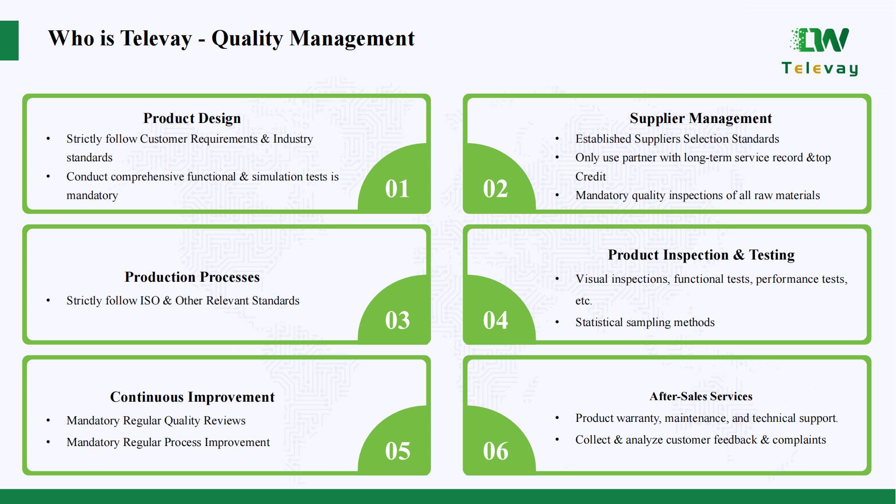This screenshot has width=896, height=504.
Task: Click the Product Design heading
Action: (192, 118)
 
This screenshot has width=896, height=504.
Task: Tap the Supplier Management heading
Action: (700, 118)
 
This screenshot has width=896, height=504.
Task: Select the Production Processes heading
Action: (192, 277)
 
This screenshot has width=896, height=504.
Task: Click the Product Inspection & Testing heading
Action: (701, 255)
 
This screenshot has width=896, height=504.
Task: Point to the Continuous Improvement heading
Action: (192, 397)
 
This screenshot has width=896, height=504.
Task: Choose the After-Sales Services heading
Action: (700, 396)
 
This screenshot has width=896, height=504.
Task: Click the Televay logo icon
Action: (819, 40)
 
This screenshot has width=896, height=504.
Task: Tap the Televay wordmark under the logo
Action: (819, 68)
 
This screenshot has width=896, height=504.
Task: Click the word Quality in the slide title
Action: (247, 39)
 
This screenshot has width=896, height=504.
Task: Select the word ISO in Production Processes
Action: (150, 300)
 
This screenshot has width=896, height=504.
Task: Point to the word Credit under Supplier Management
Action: (591, 176)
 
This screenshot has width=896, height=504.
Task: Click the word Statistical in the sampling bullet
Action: (599, 322)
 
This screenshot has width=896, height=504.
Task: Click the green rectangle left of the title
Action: (9, 40)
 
